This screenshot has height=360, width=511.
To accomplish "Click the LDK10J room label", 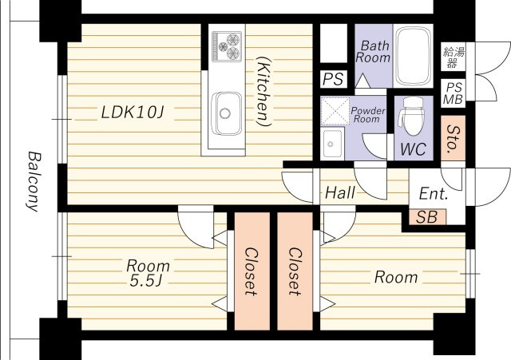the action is [x=132, y=113].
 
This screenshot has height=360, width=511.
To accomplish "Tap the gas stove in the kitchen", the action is [x=227, y=46].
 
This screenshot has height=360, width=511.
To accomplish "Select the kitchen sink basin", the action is [x=227, y=113].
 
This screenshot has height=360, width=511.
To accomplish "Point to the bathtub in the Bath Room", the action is [x=413, y=55].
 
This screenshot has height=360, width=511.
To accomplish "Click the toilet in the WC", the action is [x=412, y=116].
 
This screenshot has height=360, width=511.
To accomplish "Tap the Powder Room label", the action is [x=367, y=115].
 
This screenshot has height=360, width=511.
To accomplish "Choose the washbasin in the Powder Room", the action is [x=332, y=144].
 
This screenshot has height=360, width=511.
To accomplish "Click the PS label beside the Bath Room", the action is [x=333, y=79].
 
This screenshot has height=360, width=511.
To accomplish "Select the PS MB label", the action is [x=454, y=93].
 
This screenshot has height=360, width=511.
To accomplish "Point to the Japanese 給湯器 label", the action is [x=454, y=57].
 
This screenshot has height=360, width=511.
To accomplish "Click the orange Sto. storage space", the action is [x=453, y=138].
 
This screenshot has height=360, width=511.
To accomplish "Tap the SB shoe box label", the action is [x=426, y=217].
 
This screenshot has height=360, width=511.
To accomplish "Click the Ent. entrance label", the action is [x=433, y=194].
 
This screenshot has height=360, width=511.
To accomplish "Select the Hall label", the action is [x=340, y=193].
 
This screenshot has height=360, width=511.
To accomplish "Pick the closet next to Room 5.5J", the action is [x=252, y=271].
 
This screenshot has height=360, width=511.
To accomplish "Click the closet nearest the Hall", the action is [x=295, y=271].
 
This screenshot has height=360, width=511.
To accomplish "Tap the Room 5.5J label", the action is [x=148, y=273].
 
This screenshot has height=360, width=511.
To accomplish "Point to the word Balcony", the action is [x=34, y=181].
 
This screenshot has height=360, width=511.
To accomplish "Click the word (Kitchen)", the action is [x=263, y=90].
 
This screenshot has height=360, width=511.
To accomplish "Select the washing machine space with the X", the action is [x=335, y=111].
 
